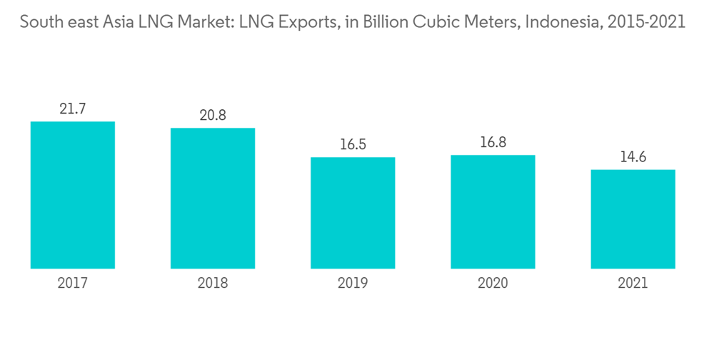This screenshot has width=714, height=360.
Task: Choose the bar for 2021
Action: pos(633,219)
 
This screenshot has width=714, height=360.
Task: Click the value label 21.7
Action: pos(73,109)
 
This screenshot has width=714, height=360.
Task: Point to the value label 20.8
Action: pos(213,115)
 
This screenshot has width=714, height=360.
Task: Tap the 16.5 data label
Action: pos(353,145)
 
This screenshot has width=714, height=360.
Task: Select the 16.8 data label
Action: pos(493,143)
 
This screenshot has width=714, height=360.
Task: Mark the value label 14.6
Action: pos(633,157)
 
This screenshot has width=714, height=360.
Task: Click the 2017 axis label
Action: pos(73,284)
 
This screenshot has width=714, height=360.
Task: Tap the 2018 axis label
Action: pos(213,284)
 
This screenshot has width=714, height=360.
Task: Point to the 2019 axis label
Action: pos(353,284)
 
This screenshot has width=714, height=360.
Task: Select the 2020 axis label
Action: pos(493,284)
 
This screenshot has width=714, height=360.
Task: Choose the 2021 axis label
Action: pos(633,284)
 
